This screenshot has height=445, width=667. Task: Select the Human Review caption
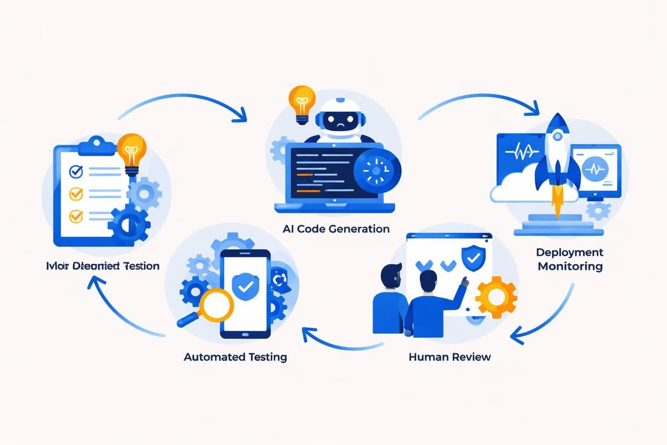click(450, 357)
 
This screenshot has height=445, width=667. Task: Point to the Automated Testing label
click(235, 357)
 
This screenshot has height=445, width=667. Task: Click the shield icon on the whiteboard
click(472, 257)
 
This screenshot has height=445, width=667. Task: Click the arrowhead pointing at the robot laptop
click(241, 116)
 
